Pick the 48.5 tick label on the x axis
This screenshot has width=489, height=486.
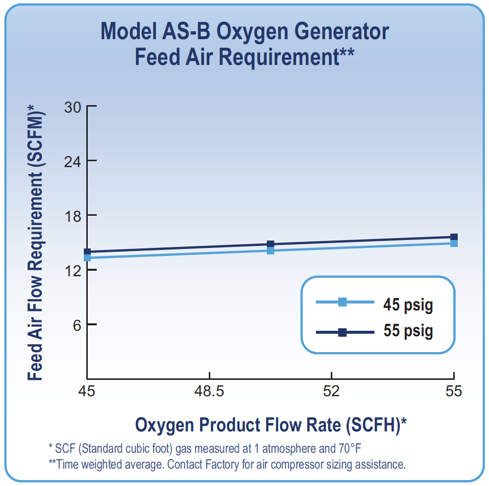coord(210,392)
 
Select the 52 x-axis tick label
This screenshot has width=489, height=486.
coord(331,392)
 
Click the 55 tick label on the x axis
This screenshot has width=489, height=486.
coord(453,392)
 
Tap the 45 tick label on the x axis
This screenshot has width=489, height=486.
coord(87,392)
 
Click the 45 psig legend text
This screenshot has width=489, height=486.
coord(408,304)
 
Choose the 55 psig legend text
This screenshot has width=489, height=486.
coord(408,330)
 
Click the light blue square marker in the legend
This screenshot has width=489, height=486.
coord(342,302)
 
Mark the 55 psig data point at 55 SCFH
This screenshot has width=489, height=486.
coord(454,237)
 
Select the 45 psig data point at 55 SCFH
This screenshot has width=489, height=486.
coord(454,243)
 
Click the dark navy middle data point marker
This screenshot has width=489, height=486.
coord(271,244)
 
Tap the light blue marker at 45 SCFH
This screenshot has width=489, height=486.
coord(87,257)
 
